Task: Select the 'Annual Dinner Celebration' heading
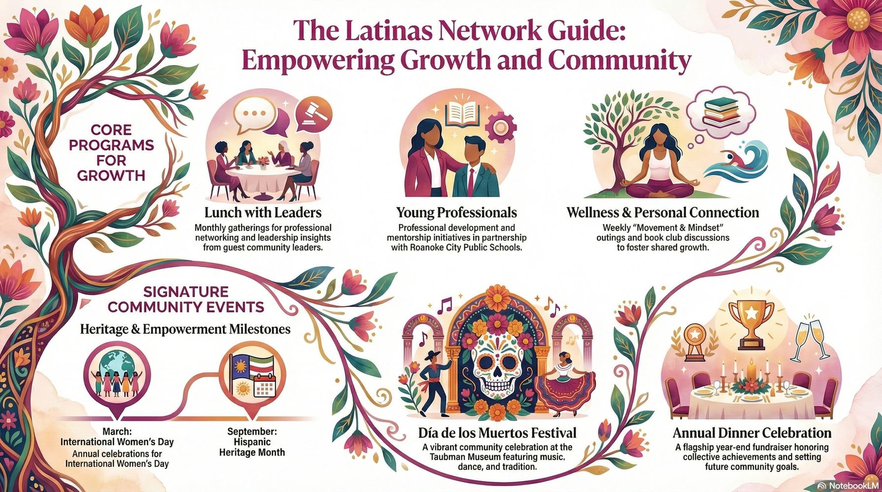[x=751, y=433]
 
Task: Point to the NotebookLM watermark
[x=848, y=485]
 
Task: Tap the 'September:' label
[x=252, y=431]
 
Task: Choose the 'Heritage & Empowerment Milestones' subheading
[x=185, y=329]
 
